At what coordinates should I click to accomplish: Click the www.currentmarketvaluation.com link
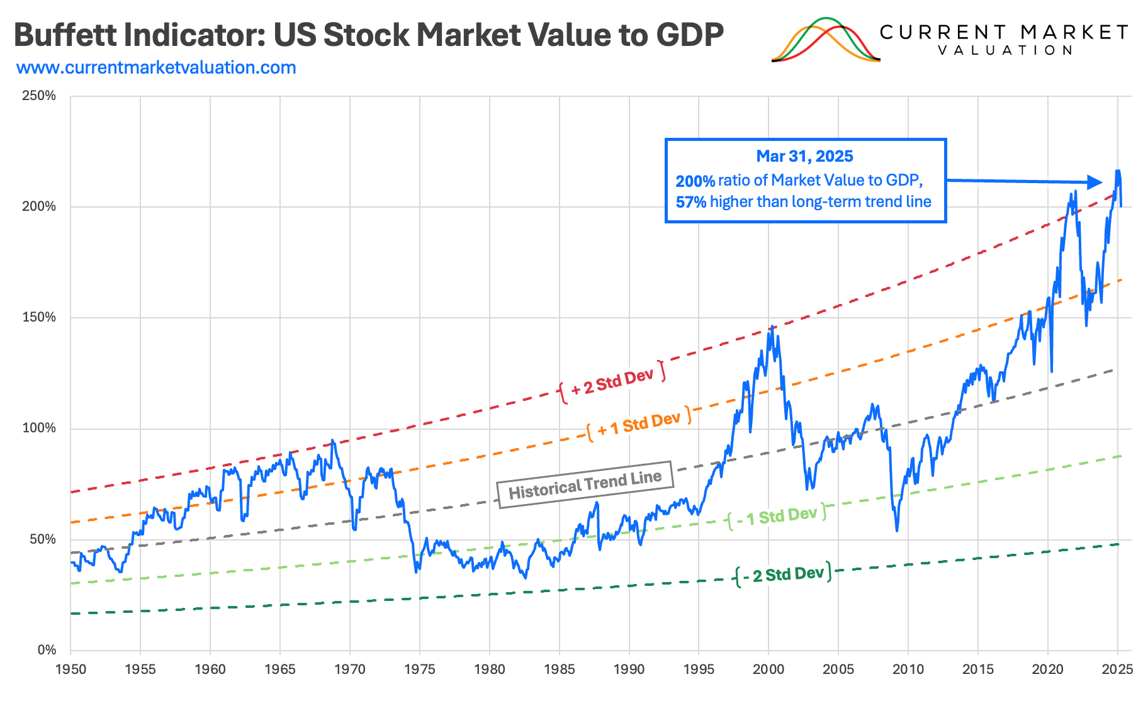click(156, 68)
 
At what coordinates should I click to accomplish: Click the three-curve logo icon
click(825, 40)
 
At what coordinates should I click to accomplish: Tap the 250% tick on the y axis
click(39, 96)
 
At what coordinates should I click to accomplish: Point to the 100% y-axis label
click(39, 428)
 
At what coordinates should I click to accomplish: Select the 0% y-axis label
click(47, 649)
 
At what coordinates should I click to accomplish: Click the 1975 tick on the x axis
click(419, 669)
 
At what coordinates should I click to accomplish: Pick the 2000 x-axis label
click(768, 669)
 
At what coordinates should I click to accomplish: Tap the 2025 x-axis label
click(1117, 669)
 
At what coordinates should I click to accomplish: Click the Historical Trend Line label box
click(585, 485)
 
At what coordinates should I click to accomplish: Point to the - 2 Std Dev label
click(783, 574)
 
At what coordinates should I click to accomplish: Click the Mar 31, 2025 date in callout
click(804, 156)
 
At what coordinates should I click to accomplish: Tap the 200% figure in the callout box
click(695, 181)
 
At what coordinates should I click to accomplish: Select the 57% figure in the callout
click(691, 202)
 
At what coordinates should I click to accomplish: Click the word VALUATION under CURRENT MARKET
click(1005, 50)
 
